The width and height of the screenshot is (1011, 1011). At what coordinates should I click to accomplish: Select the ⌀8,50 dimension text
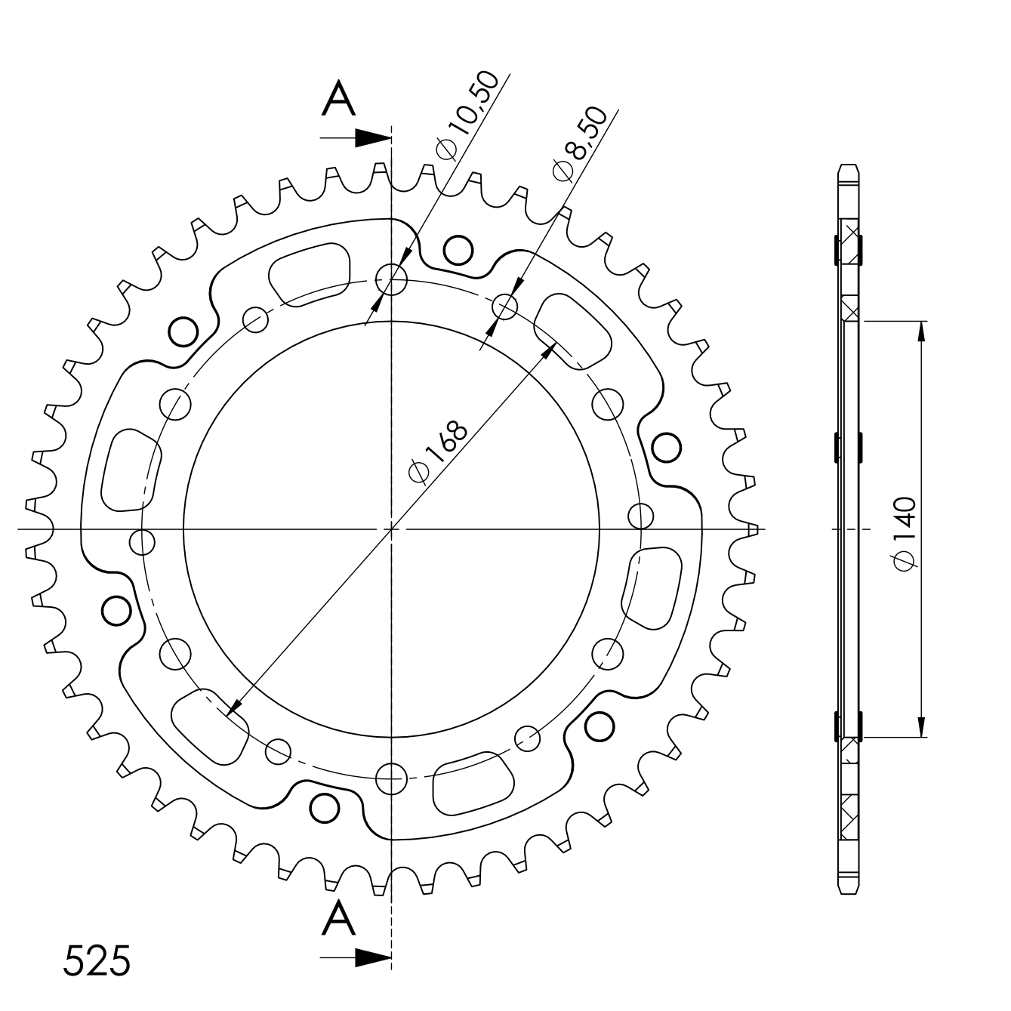point(578,145)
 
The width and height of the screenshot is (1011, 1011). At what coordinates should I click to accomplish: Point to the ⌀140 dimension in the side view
point(905,532)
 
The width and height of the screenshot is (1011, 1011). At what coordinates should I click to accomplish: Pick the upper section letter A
point(339,98)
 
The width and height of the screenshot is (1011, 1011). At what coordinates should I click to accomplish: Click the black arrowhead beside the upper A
point(373,138)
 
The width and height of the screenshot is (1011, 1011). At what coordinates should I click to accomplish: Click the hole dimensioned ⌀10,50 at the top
point(391,279)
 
